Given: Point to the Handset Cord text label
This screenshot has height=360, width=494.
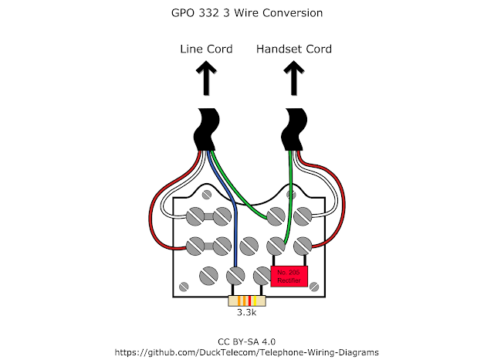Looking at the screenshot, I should [x=293, y=49].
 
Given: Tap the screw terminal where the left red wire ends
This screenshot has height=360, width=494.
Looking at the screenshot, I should [x=195, y=246].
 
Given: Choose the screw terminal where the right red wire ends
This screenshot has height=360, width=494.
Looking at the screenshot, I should [x=300, y=246].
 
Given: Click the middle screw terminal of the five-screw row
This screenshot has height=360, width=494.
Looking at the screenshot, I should [x=248, y=246].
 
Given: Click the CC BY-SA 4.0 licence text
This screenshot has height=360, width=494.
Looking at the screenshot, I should [x=247, y=339].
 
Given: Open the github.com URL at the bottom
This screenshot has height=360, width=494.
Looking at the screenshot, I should [x=247, y=351].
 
